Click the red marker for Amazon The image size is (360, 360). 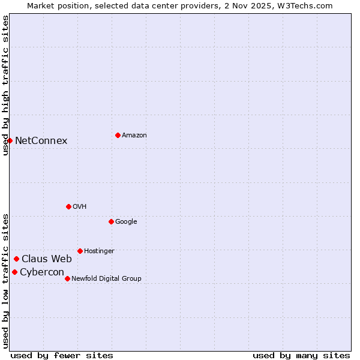(x=118, y=135)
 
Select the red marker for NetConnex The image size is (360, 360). (x=10, y=140)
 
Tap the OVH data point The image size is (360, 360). (x=68, y=206)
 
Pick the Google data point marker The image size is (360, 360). (x=111, y=221)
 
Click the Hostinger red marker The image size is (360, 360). (x=80, y=251)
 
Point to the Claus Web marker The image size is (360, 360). (x=16, y=259)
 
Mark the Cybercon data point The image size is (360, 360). (x=14, y=272)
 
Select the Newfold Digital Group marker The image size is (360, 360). (x=67, y=278)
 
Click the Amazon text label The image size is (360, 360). (x=134, y=136)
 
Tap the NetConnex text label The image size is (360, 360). (x=41, y=141)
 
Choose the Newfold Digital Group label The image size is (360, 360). (x=106, y=278)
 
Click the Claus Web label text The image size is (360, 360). (x=47, y=259)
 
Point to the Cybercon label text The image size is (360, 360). (x=42, y=272)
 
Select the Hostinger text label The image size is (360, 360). (x=99, y=251)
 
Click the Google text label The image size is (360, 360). (x=126, y=222)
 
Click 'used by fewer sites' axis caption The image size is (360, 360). (x=62, y=355)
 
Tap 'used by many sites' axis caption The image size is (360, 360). (x=301, y=355)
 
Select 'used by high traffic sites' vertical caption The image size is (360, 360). (x=5, y=85)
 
